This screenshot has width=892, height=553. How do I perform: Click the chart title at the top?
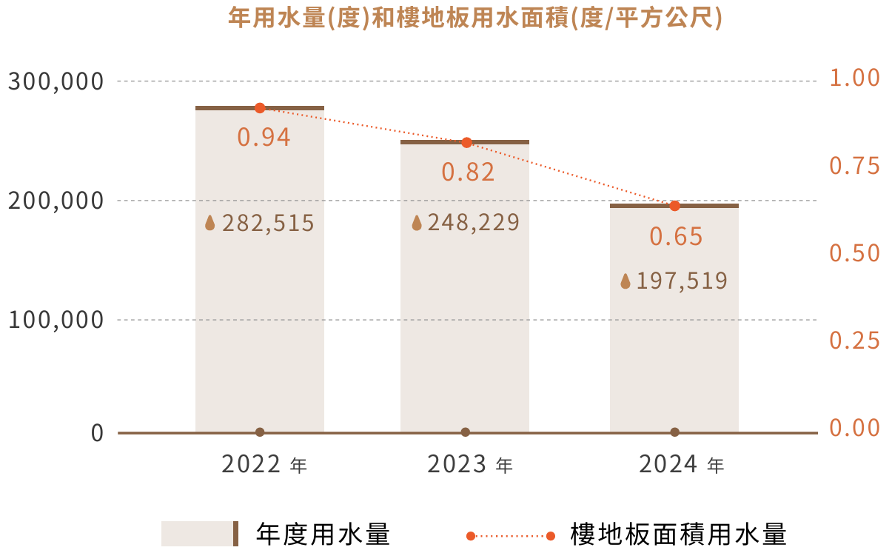pos(474,18)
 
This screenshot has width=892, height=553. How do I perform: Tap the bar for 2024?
pos(674,355)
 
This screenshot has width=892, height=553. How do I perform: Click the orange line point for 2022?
pos(260,108)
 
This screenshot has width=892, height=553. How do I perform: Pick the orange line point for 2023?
pos(466,142)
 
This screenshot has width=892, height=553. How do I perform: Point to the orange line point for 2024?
pos(674,206)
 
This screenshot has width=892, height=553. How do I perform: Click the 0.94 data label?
pos(264,138)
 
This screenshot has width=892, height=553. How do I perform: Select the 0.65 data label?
pos(676,237)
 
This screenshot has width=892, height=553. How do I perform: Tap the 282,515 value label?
pos(268,223)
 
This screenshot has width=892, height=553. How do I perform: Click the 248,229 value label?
pos(473,222)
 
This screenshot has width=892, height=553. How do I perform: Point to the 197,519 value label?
pos(681,281)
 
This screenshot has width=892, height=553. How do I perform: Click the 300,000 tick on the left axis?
pos(55,81)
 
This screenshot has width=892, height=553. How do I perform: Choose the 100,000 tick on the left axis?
pos(55,321)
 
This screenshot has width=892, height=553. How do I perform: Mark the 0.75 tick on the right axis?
pos(854,166)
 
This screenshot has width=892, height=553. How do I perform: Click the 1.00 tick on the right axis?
pos(854,78)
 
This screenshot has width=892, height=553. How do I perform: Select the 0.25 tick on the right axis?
pos(854,341)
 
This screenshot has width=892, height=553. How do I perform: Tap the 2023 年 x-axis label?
pos(469,465)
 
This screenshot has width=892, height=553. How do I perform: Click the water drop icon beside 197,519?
pos(626,281)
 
